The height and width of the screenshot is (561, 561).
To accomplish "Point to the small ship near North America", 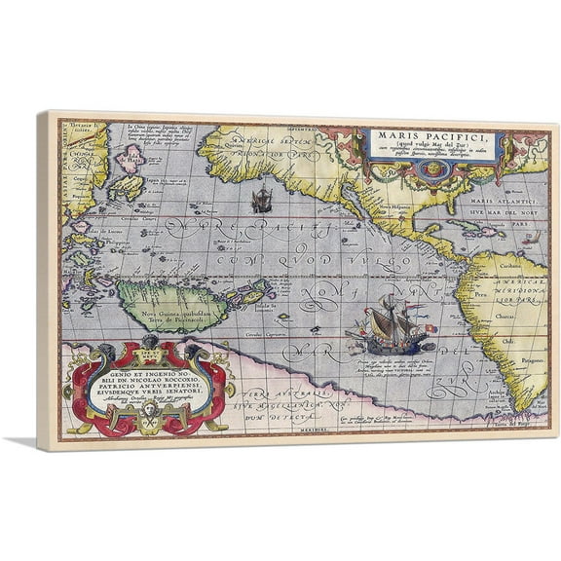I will [x=260, y=202].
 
